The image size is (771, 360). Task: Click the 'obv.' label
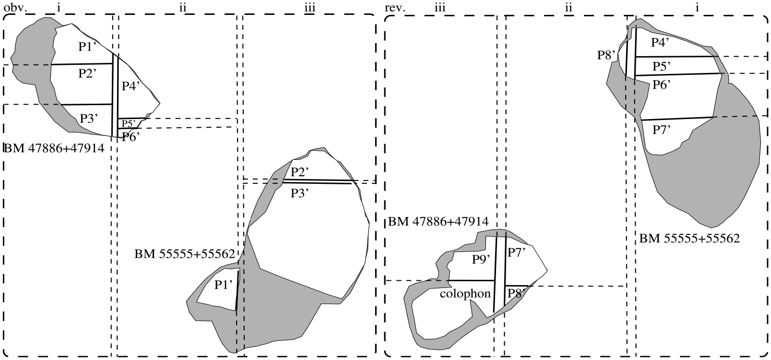[15, 8]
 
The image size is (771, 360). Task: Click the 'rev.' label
[395, 8]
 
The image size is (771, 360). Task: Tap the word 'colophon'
[465, 294]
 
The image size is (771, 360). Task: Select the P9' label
[481, 259]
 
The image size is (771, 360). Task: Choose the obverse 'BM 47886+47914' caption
[54, 148]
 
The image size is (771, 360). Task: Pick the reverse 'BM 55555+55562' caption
[689, 239]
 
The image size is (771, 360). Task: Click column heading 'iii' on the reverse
[440, 8]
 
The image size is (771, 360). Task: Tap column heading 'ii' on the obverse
[182, 8]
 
